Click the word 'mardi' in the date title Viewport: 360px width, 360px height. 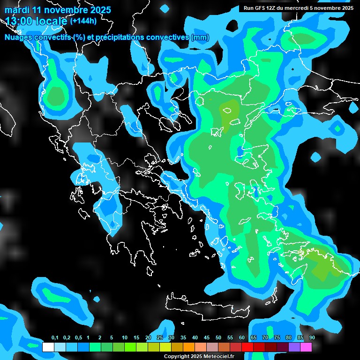pyautogui.click(x=17, y=10)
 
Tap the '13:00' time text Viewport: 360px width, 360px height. pyautogui.click(x=18, y=21)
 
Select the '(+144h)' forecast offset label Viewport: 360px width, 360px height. pyautogui.click(x=83, y=21)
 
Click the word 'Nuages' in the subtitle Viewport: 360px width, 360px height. pyautogui.click(x=18, y=37)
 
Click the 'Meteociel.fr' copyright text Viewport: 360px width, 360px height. pyautogui.click(x=217, y=356)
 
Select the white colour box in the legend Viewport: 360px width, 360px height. pyautogui.click(x=48, y=347)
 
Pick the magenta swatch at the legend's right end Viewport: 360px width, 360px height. pyautogui.click(x=306, y=347)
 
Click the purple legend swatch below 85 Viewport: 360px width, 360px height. pyautogui.click(x=294, y=347)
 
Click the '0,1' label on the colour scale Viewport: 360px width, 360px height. pyautogui.click(x=55, y=338)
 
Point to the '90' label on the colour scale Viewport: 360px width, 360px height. pyautogui.click(x=312, y=338)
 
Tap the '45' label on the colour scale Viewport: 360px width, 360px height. pyautogui.click(x=207, y=338)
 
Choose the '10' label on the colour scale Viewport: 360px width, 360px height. pyautogui.click(x=125, y=338)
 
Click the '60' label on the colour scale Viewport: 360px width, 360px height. pyautogui.click(x=242, y=338)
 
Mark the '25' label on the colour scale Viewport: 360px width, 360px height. pyautogui.click(x=160, y=338)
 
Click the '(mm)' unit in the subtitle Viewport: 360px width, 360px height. pyautogui.click(x=200, y=37)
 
